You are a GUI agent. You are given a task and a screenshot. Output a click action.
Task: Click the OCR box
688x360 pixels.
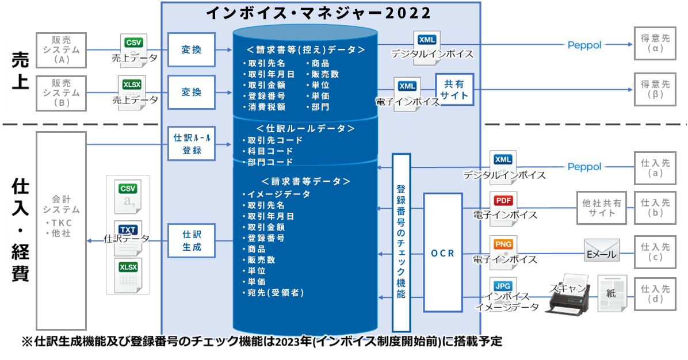[443, 252]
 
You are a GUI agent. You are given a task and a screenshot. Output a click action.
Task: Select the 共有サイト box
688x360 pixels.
[454, 90]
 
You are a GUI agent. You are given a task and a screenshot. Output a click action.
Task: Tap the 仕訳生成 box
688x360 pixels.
[192, 240]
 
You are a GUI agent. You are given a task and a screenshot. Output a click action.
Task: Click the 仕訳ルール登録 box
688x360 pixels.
[192, 143]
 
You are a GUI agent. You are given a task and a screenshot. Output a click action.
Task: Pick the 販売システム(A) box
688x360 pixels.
[61, 50]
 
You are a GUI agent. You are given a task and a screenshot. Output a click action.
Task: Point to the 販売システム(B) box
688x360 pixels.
[61, 93]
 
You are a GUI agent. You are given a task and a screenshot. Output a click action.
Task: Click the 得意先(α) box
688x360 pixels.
[655, 43]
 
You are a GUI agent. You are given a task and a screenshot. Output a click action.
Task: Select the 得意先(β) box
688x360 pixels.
[655, 89]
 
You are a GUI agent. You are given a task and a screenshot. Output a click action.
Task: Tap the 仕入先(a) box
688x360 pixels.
[655, 168]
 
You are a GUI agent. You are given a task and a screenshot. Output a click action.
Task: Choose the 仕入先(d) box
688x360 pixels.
[655, 294]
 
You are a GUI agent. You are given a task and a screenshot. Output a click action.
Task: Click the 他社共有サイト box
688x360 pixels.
[602, 208]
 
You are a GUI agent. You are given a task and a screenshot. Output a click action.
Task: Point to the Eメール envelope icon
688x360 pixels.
[602, 250]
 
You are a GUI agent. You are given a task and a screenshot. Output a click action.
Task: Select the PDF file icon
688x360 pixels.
[503, 208]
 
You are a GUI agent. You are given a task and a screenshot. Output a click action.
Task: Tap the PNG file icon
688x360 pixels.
[503, 252]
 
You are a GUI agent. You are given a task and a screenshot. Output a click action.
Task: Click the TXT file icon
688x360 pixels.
[128, 238]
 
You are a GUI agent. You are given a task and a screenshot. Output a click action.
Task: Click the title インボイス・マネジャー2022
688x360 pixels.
[319, 13]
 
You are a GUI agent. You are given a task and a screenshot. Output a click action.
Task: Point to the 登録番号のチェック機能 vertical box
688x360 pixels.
[401, 243]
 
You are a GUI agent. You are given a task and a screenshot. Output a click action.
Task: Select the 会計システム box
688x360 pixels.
[61, 231]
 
